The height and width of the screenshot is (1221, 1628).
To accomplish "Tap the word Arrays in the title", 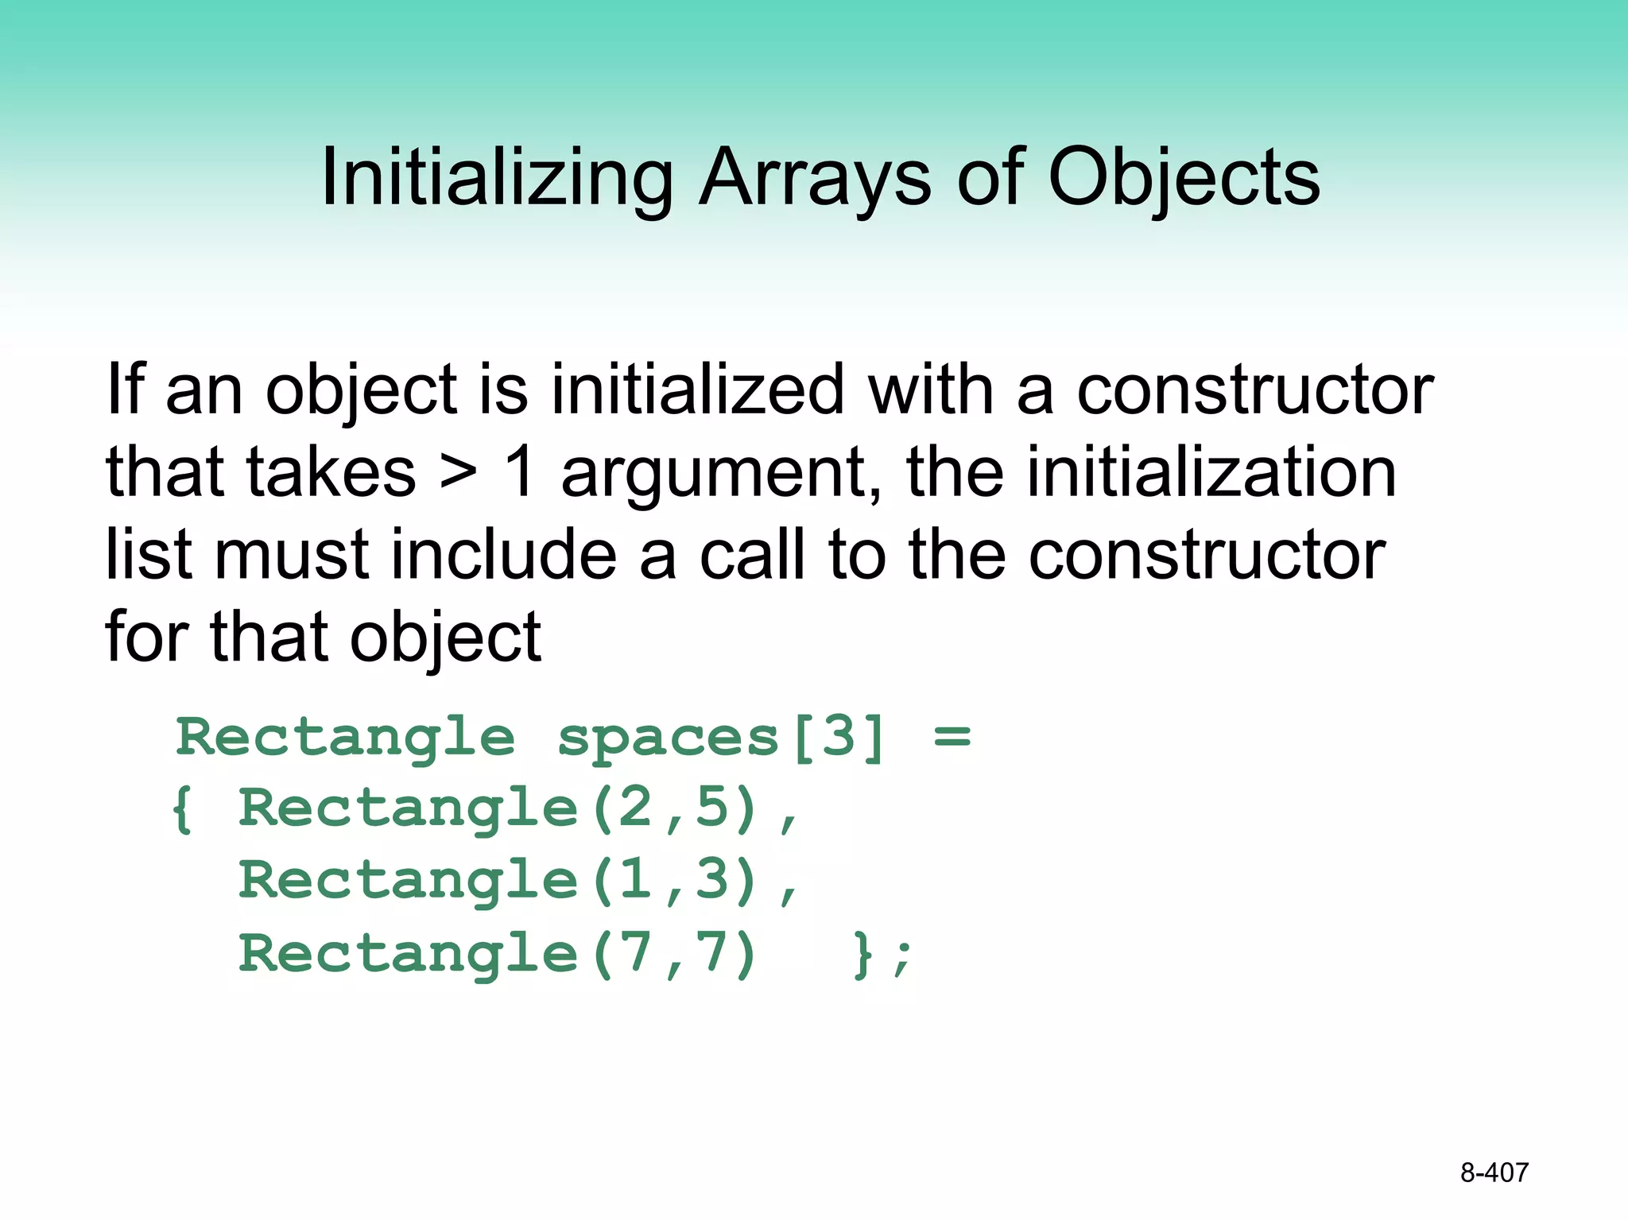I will (x=814, y=179).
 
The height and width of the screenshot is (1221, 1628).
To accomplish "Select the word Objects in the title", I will (x=1184, y=179).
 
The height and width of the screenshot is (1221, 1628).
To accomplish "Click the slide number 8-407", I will (x=1494, y=1173).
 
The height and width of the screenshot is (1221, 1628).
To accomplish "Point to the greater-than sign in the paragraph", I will (x=459, y=474).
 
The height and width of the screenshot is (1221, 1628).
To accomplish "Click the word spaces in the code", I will (x=668, y=738).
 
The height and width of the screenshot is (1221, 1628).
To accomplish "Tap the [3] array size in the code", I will (x=839, y=738).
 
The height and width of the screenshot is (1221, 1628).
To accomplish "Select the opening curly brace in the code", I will (x=182, y=809).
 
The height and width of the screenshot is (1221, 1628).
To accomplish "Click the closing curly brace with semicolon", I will (x=882, y=955).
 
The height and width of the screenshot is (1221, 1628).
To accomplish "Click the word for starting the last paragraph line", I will (x=147, y=638).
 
